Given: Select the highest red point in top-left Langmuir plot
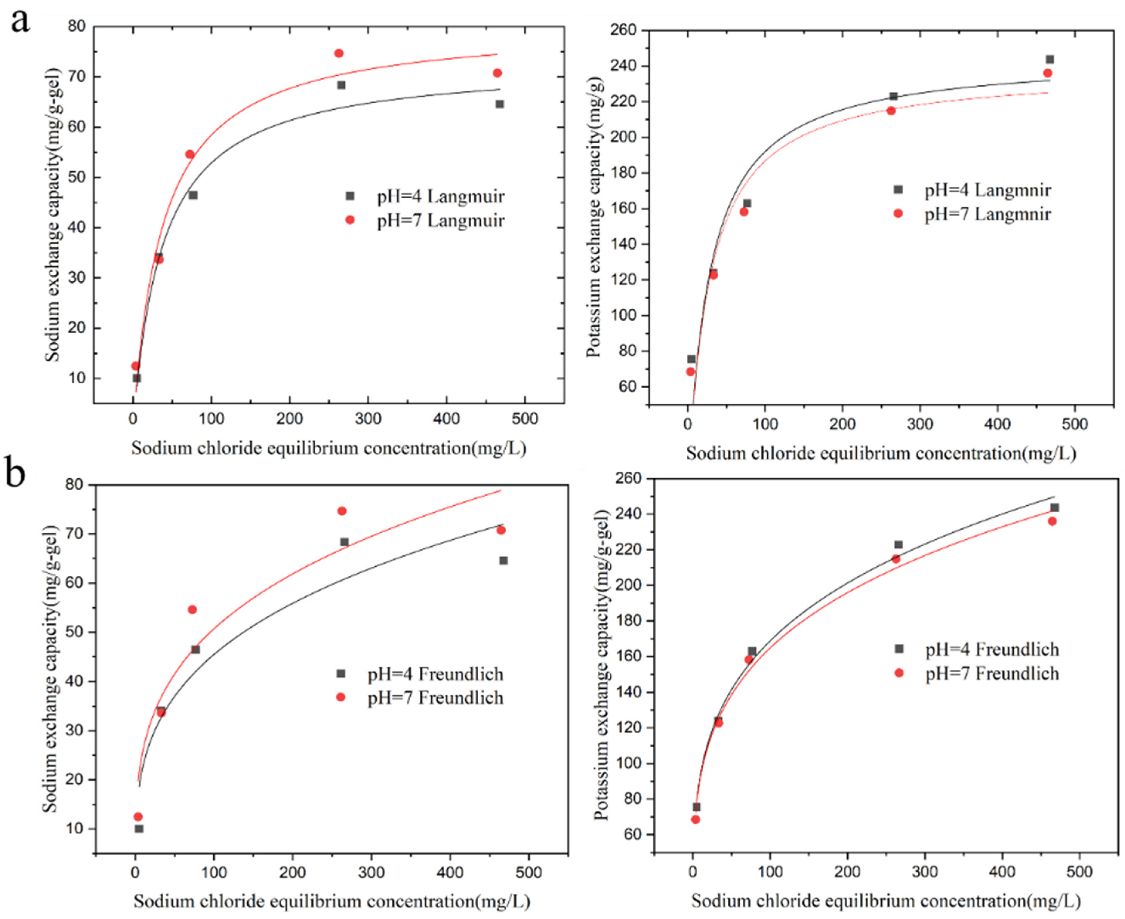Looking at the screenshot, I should click(x=339, y=53).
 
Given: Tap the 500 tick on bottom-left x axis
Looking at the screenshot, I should click(x=528, y=872).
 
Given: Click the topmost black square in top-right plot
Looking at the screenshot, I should click(x=1049, y=60).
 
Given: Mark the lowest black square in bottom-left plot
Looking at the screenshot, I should click(x=139, y=829).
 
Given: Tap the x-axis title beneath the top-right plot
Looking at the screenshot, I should click(x=881, y=453).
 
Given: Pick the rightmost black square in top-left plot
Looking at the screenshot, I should click(x=500, y=104).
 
